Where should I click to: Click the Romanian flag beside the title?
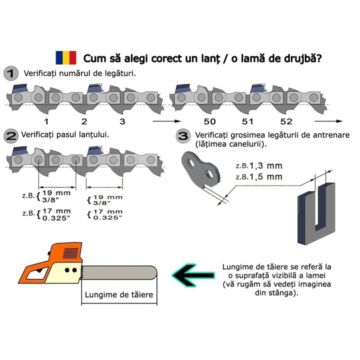(66, 57)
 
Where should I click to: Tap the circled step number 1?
(11, 73)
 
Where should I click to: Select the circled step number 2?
(11, 136)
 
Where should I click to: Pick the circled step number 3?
(183, 136)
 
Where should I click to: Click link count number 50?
(209, 121)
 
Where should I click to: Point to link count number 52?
(286, 121)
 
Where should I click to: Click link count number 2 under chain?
(84, 121)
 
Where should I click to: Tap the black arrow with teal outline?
(193, 275)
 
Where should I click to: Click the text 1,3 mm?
(265, 165)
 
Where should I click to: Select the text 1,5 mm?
(265, 177)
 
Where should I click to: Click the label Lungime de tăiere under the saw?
(119, 294)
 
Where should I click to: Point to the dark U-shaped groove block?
(316, 213)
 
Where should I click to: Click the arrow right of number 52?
(328, 121)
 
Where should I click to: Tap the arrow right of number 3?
(167, 121)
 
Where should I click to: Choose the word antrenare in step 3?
(331, 135)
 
